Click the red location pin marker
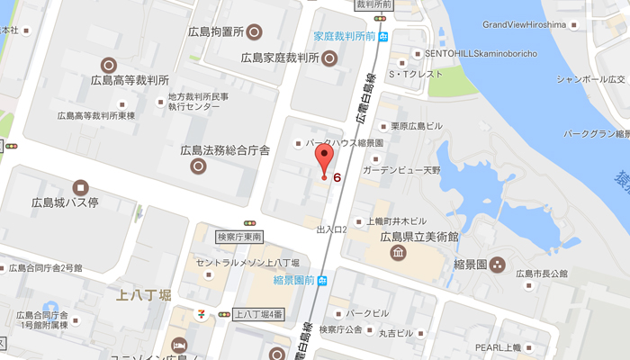point(324,162)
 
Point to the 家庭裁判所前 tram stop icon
point(384,37)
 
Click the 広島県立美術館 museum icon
point(397,254)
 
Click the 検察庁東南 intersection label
point(239,236)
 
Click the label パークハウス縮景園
point(346,143)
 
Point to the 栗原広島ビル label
point(413,126)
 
